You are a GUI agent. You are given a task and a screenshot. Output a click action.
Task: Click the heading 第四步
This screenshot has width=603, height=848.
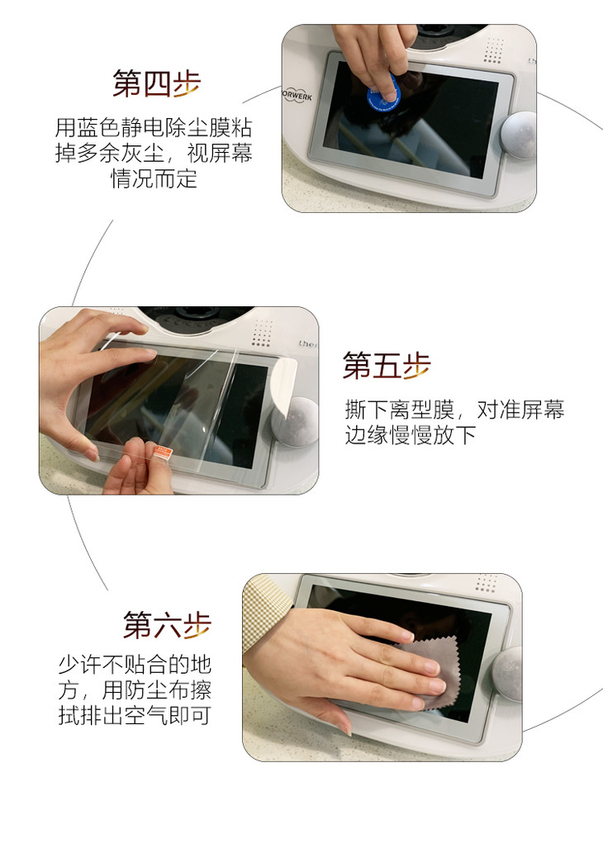click(156, 83)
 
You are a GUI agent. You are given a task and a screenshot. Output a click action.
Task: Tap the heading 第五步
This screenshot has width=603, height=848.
click(387, 365)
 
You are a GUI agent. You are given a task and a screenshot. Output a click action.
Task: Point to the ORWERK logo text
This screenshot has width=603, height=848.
click(297, 96)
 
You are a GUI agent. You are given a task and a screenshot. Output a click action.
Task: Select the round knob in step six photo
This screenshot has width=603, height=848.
click(507, 673)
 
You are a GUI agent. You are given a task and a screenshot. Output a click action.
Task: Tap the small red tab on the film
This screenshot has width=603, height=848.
click(163, 452)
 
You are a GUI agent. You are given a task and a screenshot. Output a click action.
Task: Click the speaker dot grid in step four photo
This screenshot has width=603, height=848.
click(494, 50)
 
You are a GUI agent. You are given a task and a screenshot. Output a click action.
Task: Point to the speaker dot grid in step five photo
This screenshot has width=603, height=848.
click(263, 333)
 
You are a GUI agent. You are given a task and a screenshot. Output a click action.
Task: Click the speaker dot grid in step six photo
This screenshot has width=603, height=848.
click(487, 584)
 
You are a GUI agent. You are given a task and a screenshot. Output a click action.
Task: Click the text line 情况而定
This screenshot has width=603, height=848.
click(154, 178)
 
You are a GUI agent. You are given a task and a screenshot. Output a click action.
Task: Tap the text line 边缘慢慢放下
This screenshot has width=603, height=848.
click(411, 435)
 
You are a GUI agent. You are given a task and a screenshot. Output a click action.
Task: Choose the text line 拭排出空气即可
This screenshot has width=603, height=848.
click(134, 715)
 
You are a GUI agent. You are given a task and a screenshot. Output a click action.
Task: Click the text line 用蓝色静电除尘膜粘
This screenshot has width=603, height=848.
click(154, 128)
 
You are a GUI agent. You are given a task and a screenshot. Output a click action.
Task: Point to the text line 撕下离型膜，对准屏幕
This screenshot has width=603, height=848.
click(455, 410)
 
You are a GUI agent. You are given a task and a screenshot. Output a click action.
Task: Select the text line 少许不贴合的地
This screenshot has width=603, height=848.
click(135, 664)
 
